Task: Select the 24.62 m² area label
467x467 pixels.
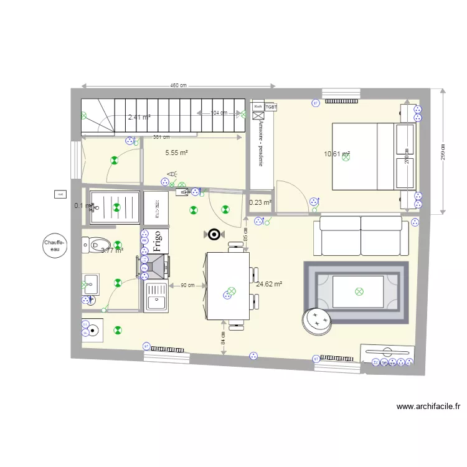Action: [x=269, y=284]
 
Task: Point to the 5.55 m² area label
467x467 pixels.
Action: [x=177, y=152]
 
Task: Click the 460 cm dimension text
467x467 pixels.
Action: [x=179, y=86]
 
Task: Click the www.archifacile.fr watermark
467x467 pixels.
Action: [x=428, y=407]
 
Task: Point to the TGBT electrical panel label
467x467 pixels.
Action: [x=271, y=107]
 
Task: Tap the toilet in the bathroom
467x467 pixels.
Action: [x=98, y=244]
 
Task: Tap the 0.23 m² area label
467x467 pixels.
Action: [x=260, y=202]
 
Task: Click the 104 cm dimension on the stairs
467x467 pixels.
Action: [x=219, y=113]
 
